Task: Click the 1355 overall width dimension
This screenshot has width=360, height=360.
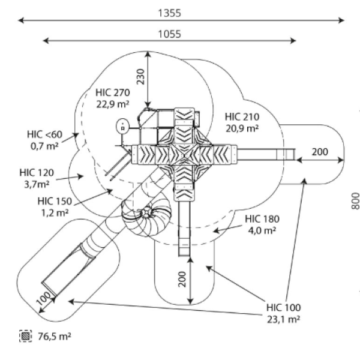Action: click(170, 13)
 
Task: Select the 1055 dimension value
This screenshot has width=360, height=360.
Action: click(170, 34)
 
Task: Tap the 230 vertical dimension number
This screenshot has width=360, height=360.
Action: click(140, 77)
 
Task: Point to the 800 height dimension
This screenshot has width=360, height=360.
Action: click(355, 201)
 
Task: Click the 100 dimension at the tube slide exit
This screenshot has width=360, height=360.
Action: click(43, 298)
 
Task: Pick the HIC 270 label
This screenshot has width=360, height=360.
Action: click(113, 92)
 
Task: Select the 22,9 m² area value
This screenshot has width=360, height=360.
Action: click(113, 104)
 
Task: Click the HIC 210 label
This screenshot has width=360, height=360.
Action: click(242, 117)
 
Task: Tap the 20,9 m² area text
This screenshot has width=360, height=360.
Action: click(242, 128)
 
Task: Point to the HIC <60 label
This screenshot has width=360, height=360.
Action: click(44, 134)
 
